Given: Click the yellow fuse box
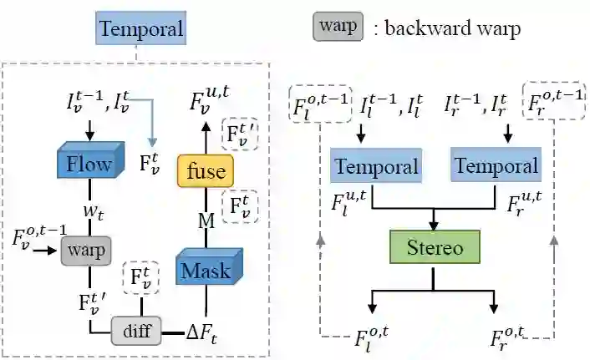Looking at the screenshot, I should coord(206,171).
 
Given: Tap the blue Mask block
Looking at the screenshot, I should coord(206,270).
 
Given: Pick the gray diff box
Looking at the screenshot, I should coord(136,331).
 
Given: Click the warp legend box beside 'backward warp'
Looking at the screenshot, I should coord(338,28).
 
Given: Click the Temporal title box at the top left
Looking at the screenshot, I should coord(140,30).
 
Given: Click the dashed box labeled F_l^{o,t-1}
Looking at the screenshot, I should coord(319,104).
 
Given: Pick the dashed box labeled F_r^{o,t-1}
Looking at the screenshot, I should coord(552,102).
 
